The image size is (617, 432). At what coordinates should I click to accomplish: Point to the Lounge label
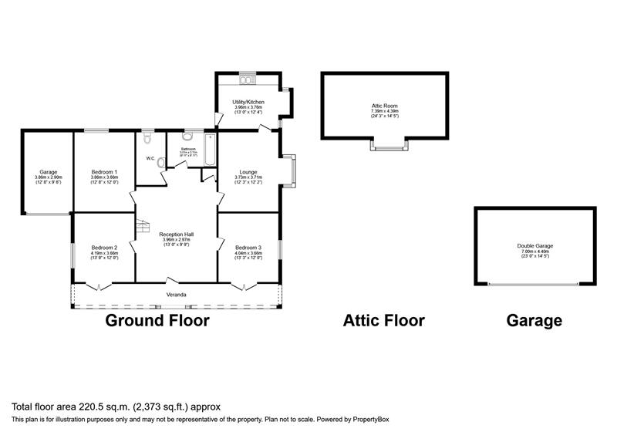248,171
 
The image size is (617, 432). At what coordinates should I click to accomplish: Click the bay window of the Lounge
289,170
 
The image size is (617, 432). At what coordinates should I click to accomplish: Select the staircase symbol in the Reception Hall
142,228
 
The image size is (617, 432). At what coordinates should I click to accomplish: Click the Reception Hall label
176,234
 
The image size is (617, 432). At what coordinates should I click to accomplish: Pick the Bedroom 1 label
104,171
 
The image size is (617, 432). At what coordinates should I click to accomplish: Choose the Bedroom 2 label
104,247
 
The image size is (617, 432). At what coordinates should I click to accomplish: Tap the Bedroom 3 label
248,247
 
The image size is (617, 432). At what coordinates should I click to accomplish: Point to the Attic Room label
383,106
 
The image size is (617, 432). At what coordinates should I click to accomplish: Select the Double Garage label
534,246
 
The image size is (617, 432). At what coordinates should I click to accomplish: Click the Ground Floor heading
157,321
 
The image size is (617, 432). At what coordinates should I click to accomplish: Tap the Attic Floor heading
383,321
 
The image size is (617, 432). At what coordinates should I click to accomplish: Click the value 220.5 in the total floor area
74,406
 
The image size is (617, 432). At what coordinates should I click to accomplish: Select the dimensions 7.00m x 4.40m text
534,251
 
